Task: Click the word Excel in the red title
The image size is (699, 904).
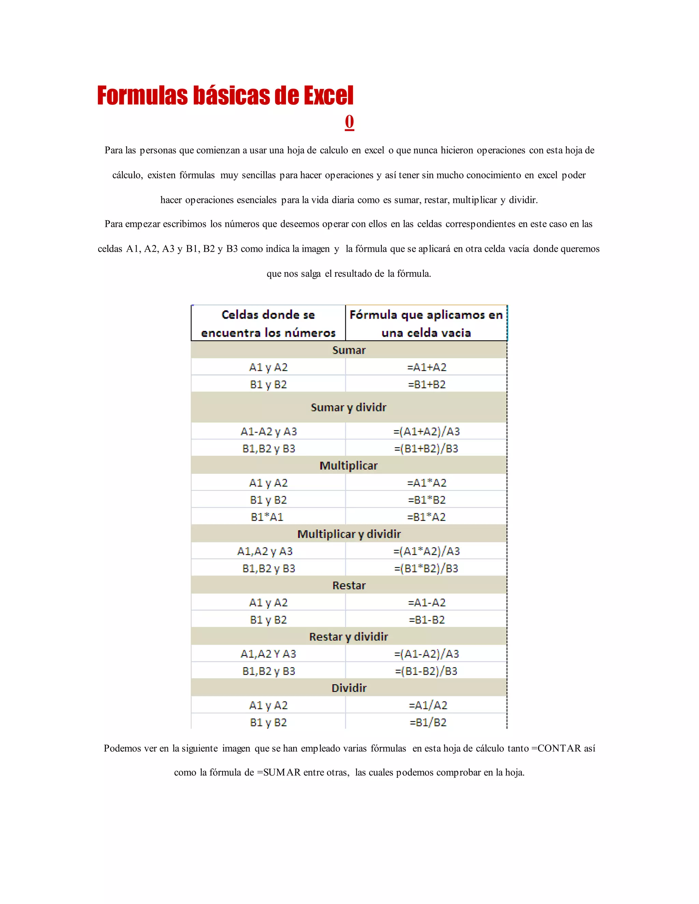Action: click(328, 96)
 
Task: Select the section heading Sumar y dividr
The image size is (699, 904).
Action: click(349, 407)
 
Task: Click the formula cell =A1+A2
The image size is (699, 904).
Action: click(427, 367)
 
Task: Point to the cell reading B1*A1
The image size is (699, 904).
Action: click(267, 517)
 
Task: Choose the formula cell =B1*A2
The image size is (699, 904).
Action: click(427, 517)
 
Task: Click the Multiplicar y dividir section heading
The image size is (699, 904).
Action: click(349, 534)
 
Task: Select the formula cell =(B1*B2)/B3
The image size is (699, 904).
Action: click(427, 568)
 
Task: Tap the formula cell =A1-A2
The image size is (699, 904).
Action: click(427, 603)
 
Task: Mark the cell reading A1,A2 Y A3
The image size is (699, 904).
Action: click(268, 654)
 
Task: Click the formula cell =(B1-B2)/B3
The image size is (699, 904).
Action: click(427, 671)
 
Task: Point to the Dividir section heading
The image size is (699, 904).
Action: click(349, 688)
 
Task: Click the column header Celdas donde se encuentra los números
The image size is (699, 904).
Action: click(268, 324)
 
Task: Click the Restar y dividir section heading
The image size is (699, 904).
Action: click(349, 637)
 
